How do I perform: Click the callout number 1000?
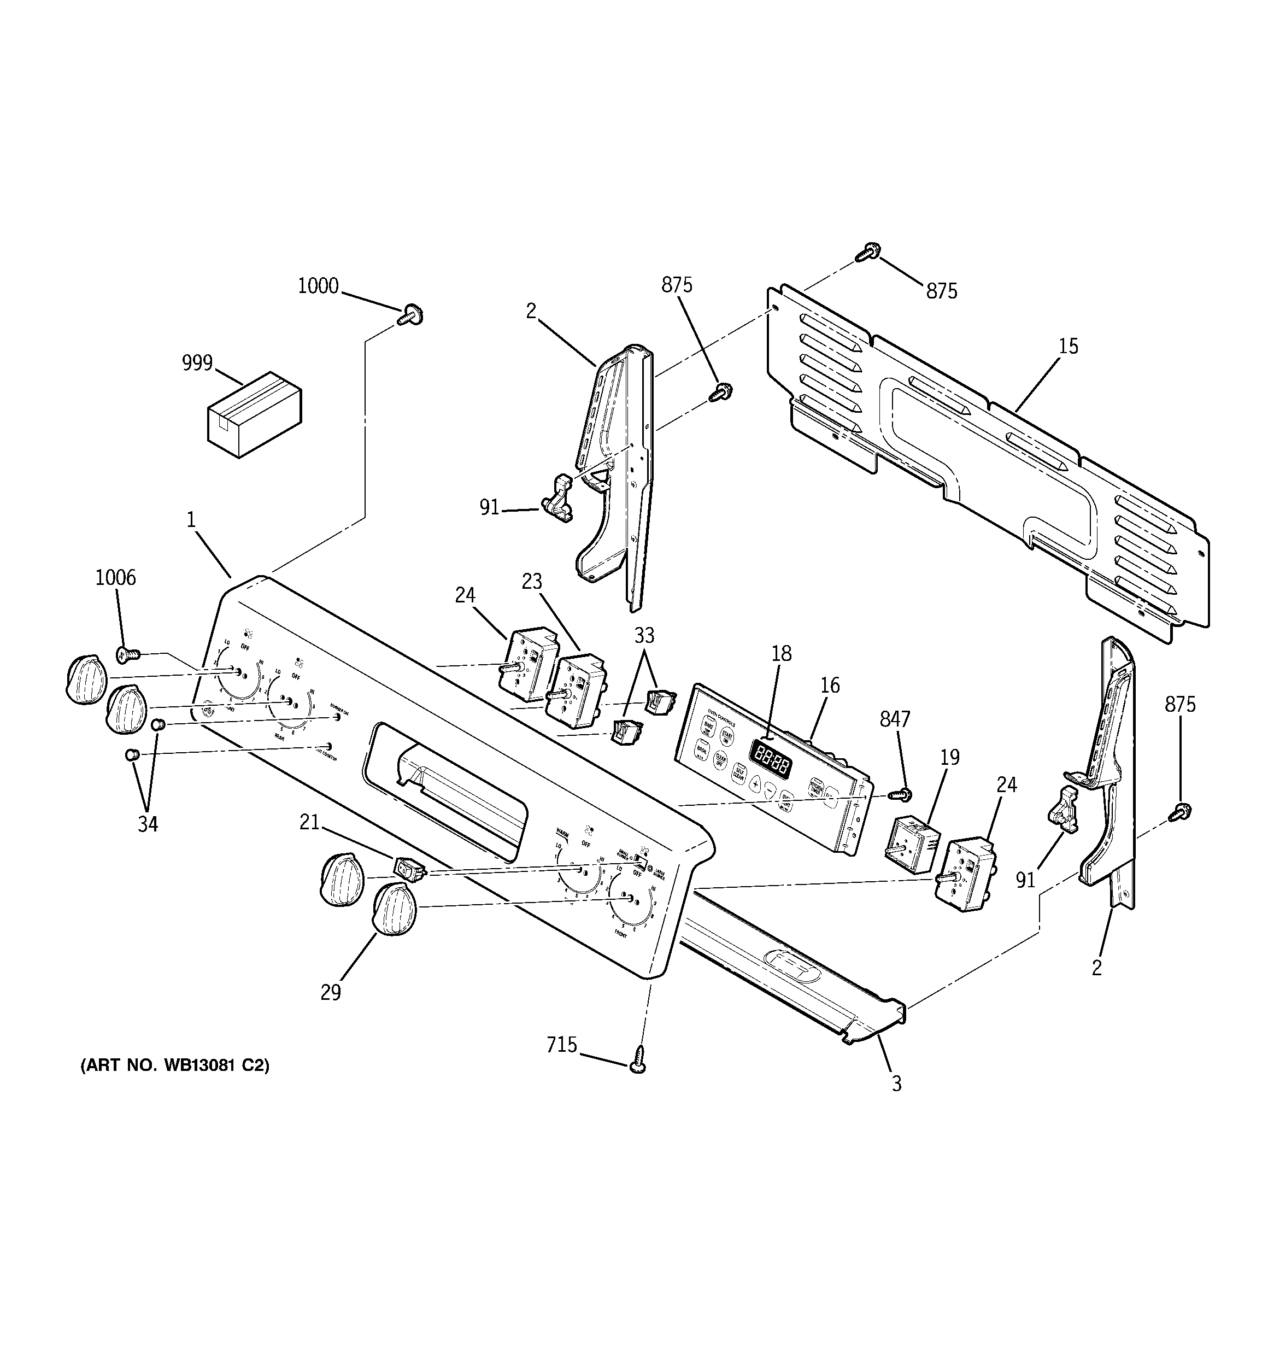click(318, 286)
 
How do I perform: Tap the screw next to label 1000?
click(410, 315)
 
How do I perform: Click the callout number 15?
click(1068, 347)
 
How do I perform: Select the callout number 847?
click(894, 719)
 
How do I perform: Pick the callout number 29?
click(330, 993)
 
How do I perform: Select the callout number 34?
click(148, 824)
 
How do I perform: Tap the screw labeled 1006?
click(127, 655)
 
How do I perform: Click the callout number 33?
click(644, 636)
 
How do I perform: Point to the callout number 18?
click(782, 653)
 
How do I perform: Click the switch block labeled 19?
click(911, 845)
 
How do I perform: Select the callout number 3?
click(896, 1084)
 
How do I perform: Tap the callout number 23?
click(532, 581)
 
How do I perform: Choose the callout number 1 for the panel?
click(191, 520)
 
